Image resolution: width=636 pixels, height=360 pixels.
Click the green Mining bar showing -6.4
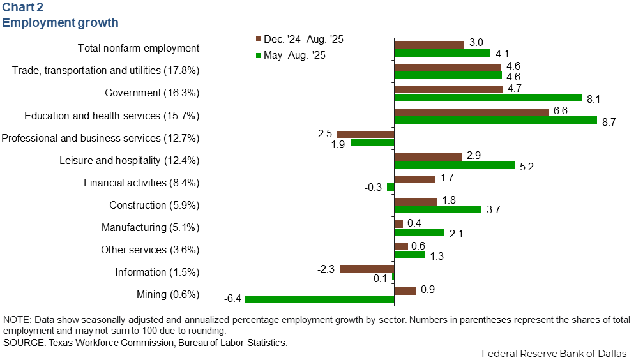[319, 299]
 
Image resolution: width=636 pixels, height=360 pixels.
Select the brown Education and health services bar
[471, 112]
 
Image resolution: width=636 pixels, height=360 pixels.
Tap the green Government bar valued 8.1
[488, 98]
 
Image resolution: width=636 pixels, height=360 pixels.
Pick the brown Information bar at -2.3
[367, 268]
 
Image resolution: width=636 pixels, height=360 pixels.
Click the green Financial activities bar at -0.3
[390, 187]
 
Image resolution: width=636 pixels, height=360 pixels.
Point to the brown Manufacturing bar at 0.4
[398, 223]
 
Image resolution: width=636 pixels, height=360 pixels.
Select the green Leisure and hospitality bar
[455, 165]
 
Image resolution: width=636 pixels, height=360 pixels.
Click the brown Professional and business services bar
[365, 134]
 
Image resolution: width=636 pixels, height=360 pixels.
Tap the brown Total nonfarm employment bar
[429, 45]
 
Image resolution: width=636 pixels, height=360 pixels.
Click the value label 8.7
[609, 122]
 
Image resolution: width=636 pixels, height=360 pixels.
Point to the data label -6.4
[232, 299]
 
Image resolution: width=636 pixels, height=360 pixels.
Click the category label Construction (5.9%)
[155, 206]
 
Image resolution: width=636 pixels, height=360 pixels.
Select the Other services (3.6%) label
[150, 250]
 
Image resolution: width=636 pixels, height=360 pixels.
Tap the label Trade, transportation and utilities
[106, 70]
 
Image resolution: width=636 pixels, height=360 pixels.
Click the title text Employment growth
[61, 23]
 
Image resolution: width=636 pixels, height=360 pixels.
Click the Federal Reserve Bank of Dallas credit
[554, 353]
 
